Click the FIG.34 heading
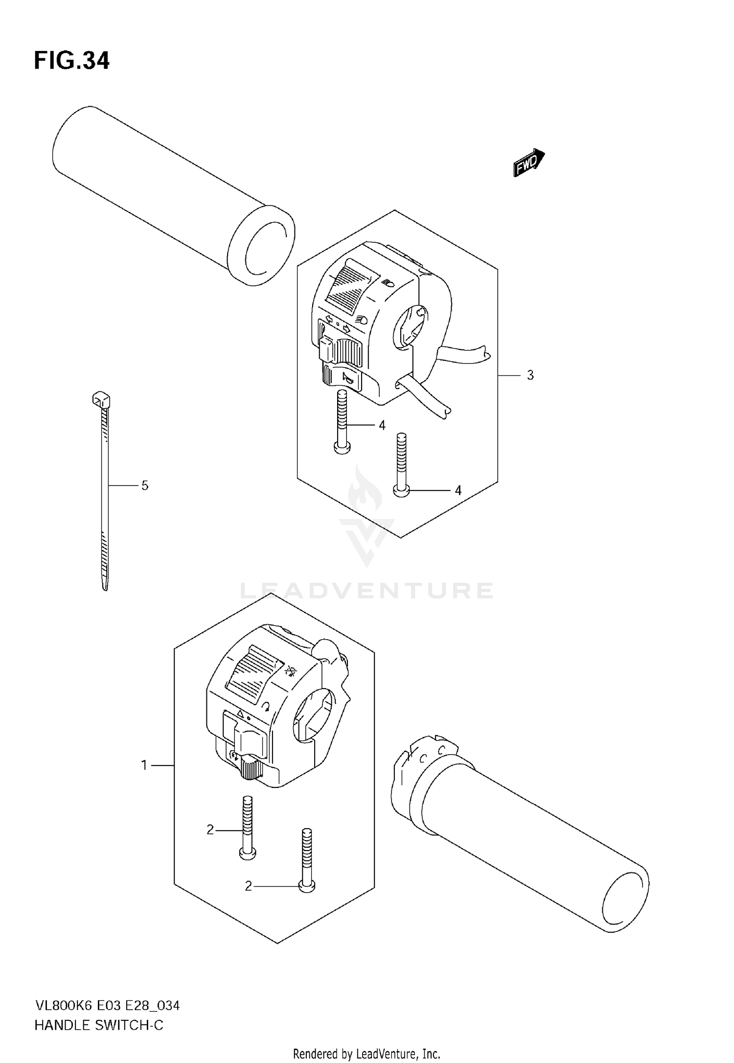point(72,61)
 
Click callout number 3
point(530,375)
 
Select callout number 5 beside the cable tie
point(144,485)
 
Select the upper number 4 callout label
point(382,425)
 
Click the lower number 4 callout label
point(458,490)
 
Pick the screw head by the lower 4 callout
point(401,490)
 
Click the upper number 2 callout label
point(210,830)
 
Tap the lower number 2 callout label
point(248,886)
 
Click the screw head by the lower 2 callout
point(306,886)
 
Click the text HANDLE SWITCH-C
point(99,1025)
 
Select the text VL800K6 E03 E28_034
point(107,1006)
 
